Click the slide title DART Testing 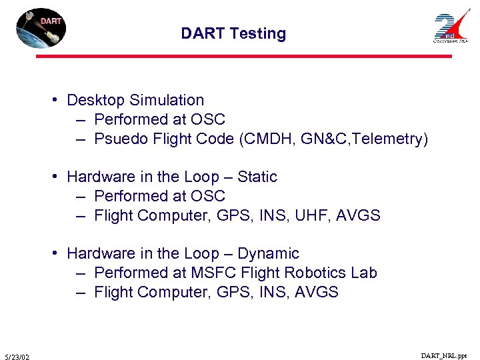tap(233, 33)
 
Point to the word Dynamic tap(269, 254)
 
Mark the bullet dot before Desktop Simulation tap(59, 101)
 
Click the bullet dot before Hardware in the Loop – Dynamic tap(59, 254)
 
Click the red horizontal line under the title tap(243, 57)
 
